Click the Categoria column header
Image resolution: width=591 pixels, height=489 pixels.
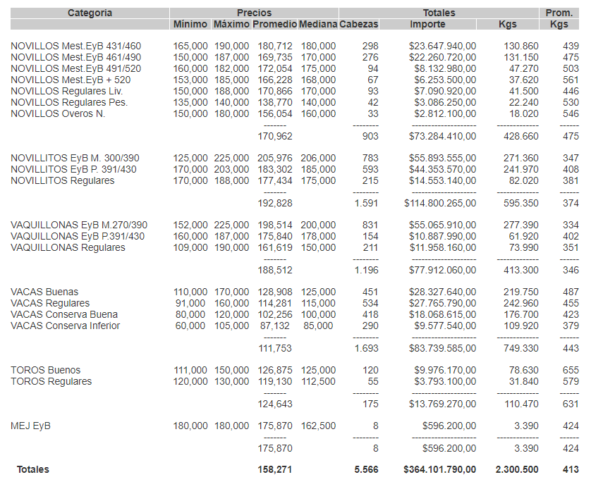click(x=90, y=13)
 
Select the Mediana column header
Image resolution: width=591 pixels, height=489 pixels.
click(x=318, y=24)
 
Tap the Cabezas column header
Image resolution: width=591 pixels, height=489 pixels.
click(x=358, y=24)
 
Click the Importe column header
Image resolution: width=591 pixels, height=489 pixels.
click(x=427, y=24)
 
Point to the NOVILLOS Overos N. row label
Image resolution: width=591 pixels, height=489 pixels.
click(x=58, y=113)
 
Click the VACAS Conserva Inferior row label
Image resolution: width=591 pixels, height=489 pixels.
click(x=65, y=326)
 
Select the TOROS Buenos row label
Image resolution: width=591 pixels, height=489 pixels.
click(x=45, y=370)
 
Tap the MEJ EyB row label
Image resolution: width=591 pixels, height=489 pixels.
click(x=30, y=426)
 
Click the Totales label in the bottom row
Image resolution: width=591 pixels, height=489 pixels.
click(x=33, y=469)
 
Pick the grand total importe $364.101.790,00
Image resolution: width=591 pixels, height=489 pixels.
click(x=439, y=469)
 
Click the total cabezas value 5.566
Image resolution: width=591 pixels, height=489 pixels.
click(x=365, y=469)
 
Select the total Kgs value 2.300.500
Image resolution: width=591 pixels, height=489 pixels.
click(x=517, y=469)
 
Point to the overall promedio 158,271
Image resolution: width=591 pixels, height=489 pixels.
click(x=275, y=469)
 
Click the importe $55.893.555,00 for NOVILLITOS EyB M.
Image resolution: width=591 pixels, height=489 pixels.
click(x=442, y=159)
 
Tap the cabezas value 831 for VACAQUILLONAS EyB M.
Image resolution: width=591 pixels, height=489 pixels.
click(x=370, y=225)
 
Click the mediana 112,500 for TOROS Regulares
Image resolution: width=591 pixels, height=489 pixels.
click(x=318, y=381)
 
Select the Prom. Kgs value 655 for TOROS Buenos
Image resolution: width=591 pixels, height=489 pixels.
click(x=571, y=370)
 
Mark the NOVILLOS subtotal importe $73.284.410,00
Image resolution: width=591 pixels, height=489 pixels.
click(x=442, y=136)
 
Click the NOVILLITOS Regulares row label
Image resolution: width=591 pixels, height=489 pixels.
click(x=62, y=181)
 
